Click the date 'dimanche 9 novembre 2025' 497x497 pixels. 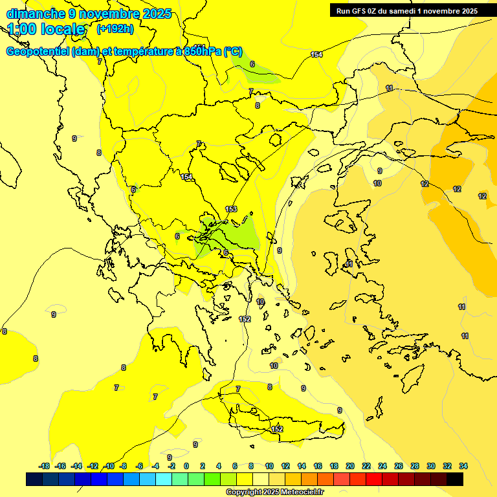tap(89, 14)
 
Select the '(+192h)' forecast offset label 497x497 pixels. tap(115, 29)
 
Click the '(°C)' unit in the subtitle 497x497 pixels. tap(233, 52)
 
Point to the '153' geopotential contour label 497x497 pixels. tap(231, 208)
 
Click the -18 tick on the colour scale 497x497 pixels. tap(44, 466)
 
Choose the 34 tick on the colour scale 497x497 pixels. tap(463, 466)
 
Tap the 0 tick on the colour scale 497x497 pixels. tap(186, 466)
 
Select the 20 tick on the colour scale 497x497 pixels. tap(349, 466)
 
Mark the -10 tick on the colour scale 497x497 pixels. tap(109, 466)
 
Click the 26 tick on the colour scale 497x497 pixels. tap(398, 466)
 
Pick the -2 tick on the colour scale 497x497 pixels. tap(171, 466)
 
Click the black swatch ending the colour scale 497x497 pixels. tap(454, 480)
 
